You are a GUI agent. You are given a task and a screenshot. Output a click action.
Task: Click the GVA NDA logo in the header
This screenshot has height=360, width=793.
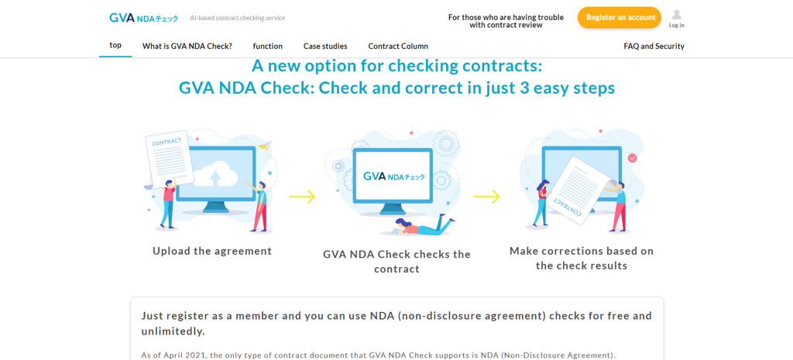(143, 18)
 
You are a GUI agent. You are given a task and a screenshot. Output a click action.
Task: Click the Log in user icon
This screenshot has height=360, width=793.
(676, 15)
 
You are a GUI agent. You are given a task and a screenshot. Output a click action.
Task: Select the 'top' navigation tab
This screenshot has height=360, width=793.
(115, 45)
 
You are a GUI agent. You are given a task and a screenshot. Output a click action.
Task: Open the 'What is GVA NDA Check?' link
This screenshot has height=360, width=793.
(187, 46)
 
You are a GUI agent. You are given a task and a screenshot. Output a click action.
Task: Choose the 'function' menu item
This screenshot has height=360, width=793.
(267, 46)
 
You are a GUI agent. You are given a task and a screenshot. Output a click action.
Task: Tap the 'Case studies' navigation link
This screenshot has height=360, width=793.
(325, 46)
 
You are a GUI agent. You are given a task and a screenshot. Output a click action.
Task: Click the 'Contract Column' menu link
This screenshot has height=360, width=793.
(398, 46)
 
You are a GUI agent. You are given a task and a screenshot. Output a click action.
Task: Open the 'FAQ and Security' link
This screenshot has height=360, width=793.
(654, 46)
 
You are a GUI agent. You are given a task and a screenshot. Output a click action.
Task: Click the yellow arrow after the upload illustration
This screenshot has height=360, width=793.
(303, 197)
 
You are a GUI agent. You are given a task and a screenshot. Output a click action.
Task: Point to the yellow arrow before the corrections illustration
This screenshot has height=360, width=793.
(487, 197)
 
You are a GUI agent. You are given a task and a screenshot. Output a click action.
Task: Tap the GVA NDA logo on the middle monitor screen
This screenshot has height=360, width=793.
(394, 177)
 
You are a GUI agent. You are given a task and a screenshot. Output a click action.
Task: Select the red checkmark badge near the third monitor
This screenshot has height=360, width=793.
(632, 158)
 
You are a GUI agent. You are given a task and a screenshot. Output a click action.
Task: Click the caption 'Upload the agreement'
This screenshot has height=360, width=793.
(212, 251)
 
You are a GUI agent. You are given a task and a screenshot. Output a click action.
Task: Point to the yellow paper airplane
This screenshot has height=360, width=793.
(265, 146)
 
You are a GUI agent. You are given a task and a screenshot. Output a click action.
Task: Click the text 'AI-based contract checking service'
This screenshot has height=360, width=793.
(238, 18)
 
